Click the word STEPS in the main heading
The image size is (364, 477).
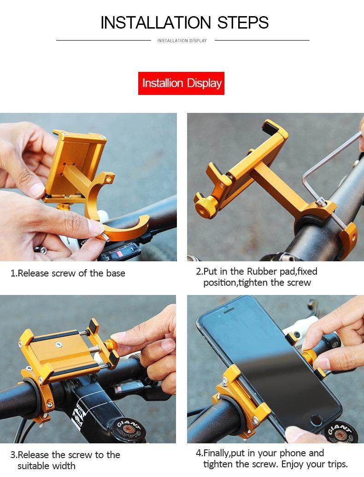(243, 23)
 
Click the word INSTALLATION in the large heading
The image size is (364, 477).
(155, 23)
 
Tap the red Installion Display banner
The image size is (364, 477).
(181, 83)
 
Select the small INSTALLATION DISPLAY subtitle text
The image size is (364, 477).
(182, 41)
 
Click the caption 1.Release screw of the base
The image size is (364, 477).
(68, 273)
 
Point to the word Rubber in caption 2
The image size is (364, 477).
(262, 271)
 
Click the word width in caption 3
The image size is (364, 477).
(63, 466)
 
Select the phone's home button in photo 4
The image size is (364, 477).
(317, 420)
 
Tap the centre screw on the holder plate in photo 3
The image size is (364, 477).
(58, 345)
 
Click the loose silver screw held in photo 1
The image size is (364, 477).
(105, 236)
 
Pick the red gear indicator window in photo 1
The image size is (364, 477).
(119, 253)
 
